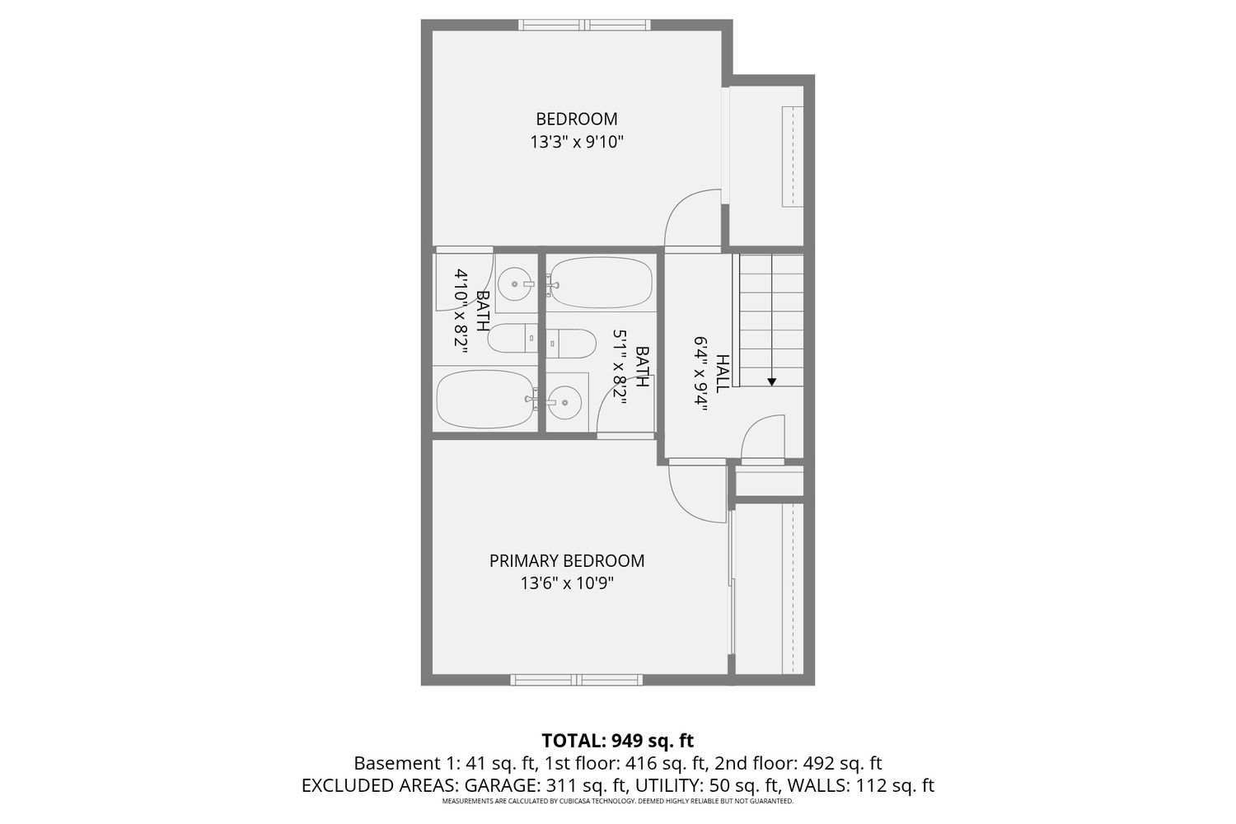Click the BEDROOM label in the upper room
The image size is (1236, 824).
click(x=577, y=119)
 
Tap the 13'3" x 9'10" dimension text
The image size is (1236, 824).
click(x=577, y=143)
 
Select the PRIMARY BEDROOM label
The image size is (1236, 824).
click(x=567, y=561)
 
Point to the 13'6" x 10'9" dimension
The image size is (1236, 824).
click(x=567, y=583)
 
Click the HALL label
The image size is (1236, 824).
click(x=722, y=373)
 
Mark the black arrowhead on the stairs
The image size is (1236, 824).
click(x=772, y=382)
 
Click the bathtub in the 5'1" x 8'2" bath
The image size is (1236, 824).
click(x=602, y=283)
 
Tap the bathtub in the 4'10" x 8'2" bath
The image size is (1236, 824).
click(x=485, y=399)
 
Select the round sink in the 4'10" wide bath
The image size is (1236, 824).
click(x=515, y=283)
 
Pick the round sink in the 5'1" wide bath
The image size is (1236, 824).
click(x=564, y=402)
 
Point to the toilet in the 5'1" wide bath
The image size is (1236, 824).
click(x=572, y=344)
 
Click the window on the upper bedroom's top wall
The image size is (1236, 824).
click(x=584, y=25)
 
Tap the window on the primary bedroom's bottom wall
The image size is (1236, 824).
click(x=577, y=680)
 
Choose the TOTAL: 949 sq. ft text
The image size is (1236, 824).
click(x=617, y=740)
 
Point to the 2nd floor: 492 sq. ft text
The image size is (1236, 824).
click(x=798, y=763)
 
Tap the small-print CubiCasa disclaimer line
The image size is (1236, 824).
click(x=617, y=801)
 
